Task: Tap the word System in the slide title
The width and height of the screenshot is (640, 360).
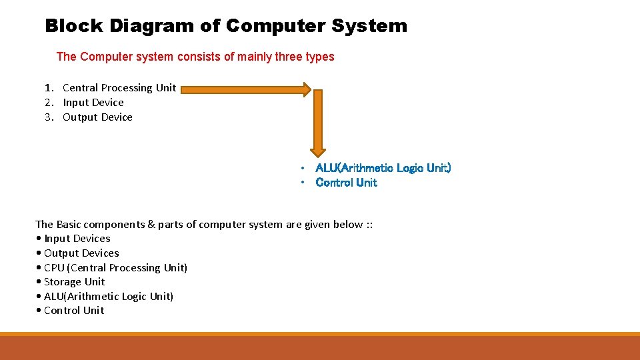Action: tap(368, 27)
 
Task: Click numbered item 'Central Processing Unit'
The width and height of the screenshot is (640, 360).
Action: tap(119, 88)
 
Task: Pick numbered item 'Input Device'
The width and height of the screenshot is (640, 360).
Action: tap(93, 103)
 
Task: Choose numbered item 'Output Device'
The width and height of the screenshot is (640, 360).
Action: tap(97, 117)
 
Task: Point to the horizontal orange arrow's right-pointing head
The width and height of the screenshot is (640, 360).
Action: tap(305, 89)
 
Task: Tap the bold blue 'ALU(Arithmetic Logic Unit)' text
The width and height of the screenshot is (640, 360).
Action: tap(383, 168)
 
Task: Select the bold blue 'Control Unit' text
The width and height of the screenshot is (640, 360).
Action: tap(346, 183)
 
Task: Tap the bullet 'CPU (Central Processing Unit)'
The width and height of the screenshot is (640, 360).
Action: tap(115, 268)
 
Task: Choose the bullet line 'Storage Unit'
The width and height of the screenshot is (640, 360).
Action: tap(74, 282)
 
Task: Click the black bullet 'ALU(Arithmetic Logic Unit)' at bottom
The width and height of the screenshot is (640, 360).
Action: tap(108, 297)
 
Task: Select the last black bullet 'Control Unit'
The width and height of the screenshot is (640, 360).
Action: tap(73, 311)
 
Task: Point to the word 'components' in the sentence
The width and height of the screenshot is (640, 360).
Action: tap(122, 225)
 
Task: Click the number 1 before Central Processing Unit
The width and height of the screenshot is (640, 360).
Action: tap(48, 88)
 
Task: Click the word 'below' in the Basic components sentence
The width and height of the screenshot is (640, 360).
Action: tap(347, 225)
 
